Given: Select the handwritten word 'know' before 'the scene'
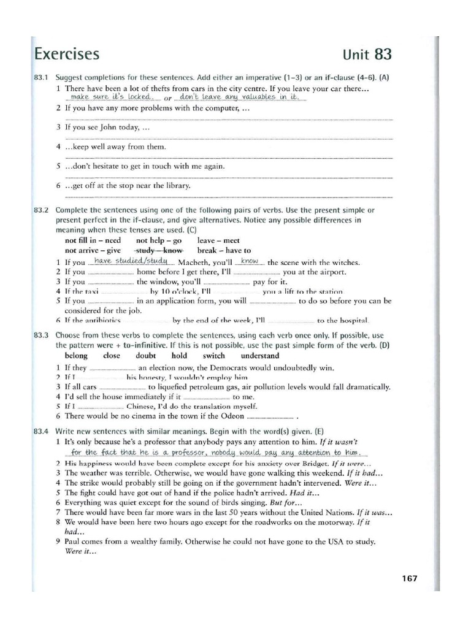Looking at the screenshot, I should click(x=250, y=261).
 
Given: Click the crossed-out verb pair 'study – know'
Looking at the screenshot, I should click(x=159, y=250).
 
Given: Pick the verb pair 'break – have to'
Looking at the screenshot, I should click(x=224, y=250).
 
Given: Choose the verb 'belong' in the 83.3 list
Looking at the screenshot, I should click(x=76, y=356).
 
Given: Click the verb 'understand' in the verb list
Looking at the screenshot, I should click(x=259, y=356).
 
